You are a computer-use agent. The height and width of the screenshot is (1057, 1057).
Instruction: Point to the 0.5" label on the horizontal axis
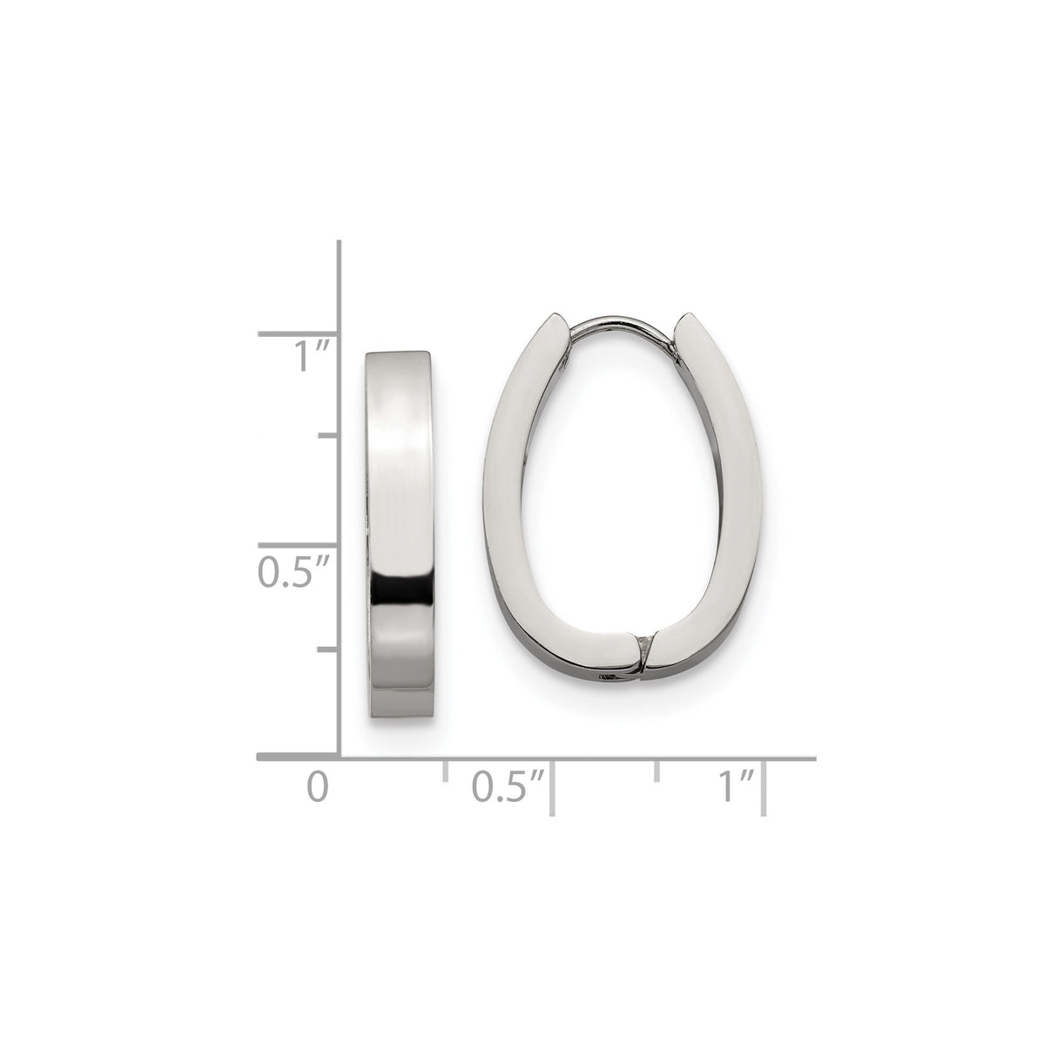(507, 785)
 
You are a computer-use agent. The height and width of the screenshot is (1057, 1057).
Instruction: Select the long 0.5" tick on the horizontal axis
(552, 785)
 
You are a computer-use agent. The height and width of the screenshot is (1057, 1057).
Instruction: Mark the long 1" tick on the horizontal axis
(764, 785)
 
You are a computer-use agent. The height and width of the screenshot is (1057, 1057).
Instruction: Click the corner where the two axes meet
(339, 757)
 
